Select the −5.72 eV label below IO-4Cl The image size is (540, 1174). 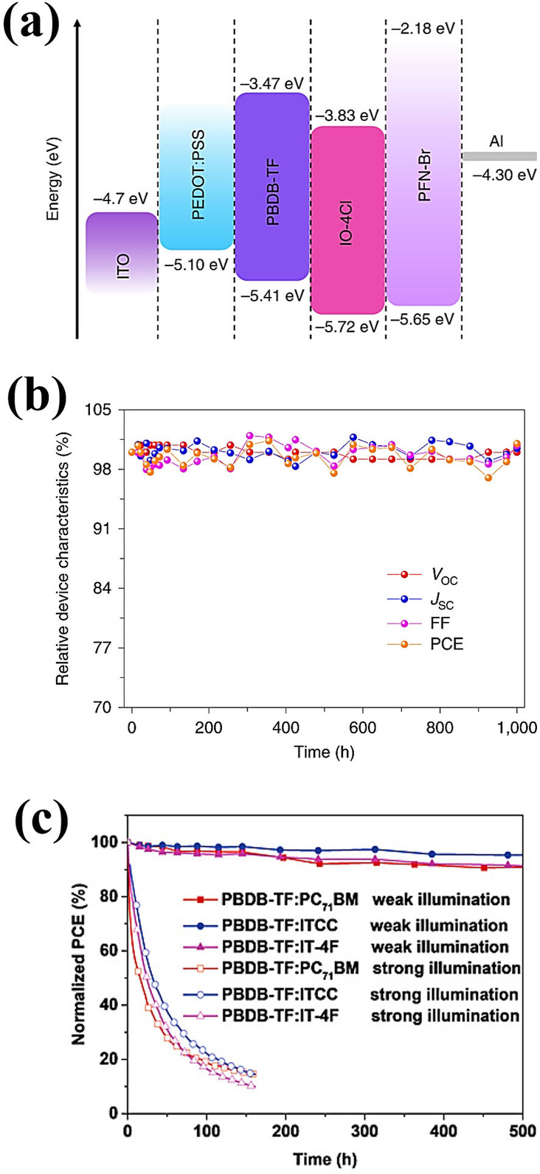coord(347,327)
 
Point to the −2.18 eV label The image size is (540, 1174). coord(423,9)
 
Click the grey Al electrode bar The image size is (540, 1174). coord(499,156)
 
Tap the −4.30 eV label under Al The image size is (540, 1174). coord(499,175)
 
